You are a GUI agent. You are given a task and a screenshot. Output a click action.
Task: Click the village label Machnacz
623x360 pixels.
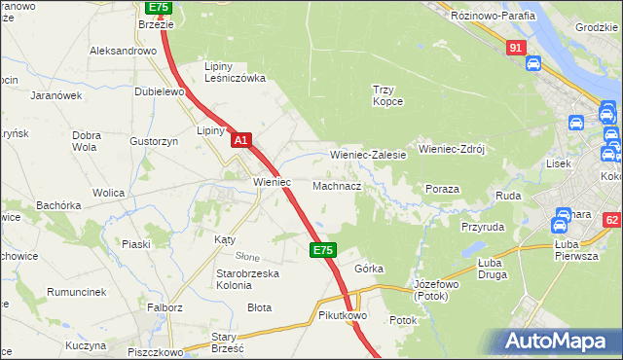337,185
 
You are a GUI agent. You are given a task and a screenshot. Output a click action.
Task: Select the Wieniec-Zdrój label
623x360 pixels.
451,150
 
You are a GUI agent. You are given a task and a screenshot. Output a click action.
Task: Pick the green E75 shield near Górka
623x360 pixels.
324,250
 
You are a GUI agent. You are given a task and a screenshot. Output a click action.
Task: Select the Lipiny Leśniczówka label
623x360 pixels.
234,72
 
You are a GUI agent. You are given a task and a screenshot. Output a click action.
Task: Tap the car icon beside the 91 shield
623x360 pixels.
532,64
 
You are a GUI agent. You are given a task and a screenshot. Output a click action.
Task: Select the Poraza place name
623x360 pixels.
442,189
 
